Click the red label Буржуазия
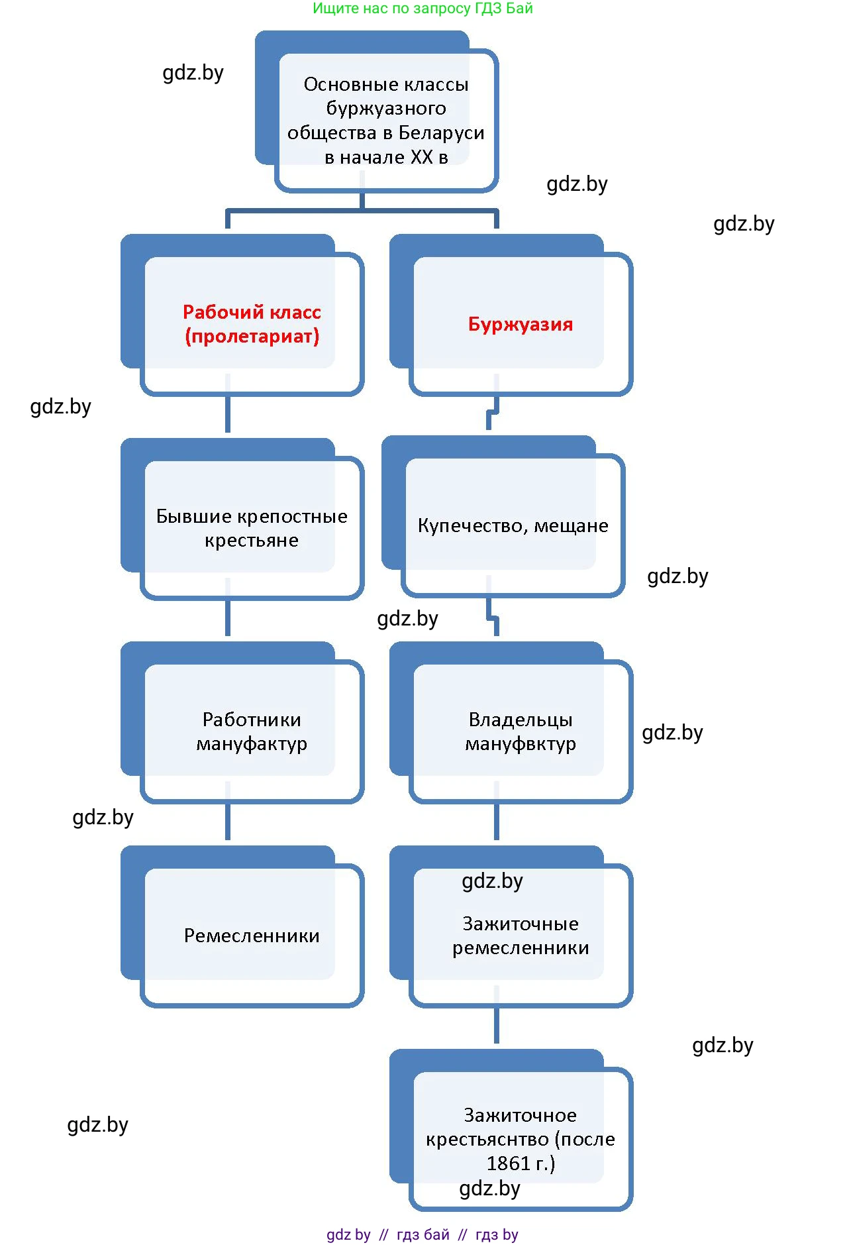pos(521,324)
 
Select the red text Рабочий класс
pos(252,312)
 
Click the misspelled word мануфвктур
pos(521,744)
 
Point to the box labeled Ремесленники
pos(252,936)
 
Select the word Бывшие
pos(193,516)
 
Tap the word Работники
pos(252,720)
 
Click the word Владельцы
pos(521,720)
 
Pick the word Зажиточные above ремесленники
pos(521,924)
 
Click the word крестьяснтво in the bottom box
pos(487,1140)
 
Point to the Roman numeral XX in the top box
pos(421,158)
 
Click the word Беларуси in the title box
pos(441,133)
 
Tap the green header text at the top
pos(423,9)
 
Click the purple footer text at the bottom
pos(423,1234)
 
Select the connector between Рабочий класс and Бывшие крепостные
pos(228,414)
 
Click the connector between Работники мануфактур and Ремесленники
pos(228,822)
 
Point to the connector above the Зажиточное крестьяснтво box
pos(497,1025)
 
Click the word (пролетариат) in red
pos(252,337)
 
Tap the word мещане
pos(571,525)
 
